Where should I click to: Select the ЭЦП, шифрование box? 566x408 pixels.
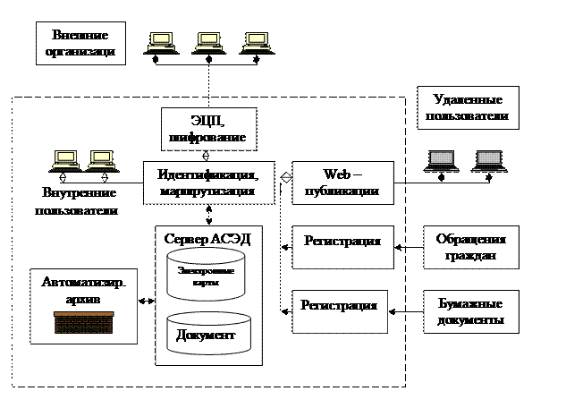206,128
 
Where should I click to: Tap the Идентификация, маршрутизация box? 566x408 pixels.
207,183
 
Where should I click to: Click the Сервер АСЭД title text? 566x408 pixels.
207,239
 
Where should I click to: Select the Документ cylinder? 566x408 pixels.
207,334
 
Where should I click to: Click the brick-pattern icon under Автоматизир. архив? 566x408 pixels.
83,322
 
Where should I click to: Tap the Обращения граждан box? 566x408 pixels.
470,248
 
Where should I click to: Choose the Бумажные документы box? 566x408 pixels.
470,312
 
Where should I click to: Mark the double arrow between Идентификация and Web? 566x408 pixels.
286,176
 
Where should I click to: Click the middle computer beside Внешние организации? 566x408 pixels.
206,40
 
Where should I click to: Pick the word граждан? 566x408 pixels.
470,256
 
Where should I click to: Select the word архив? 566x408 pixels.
83,298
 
